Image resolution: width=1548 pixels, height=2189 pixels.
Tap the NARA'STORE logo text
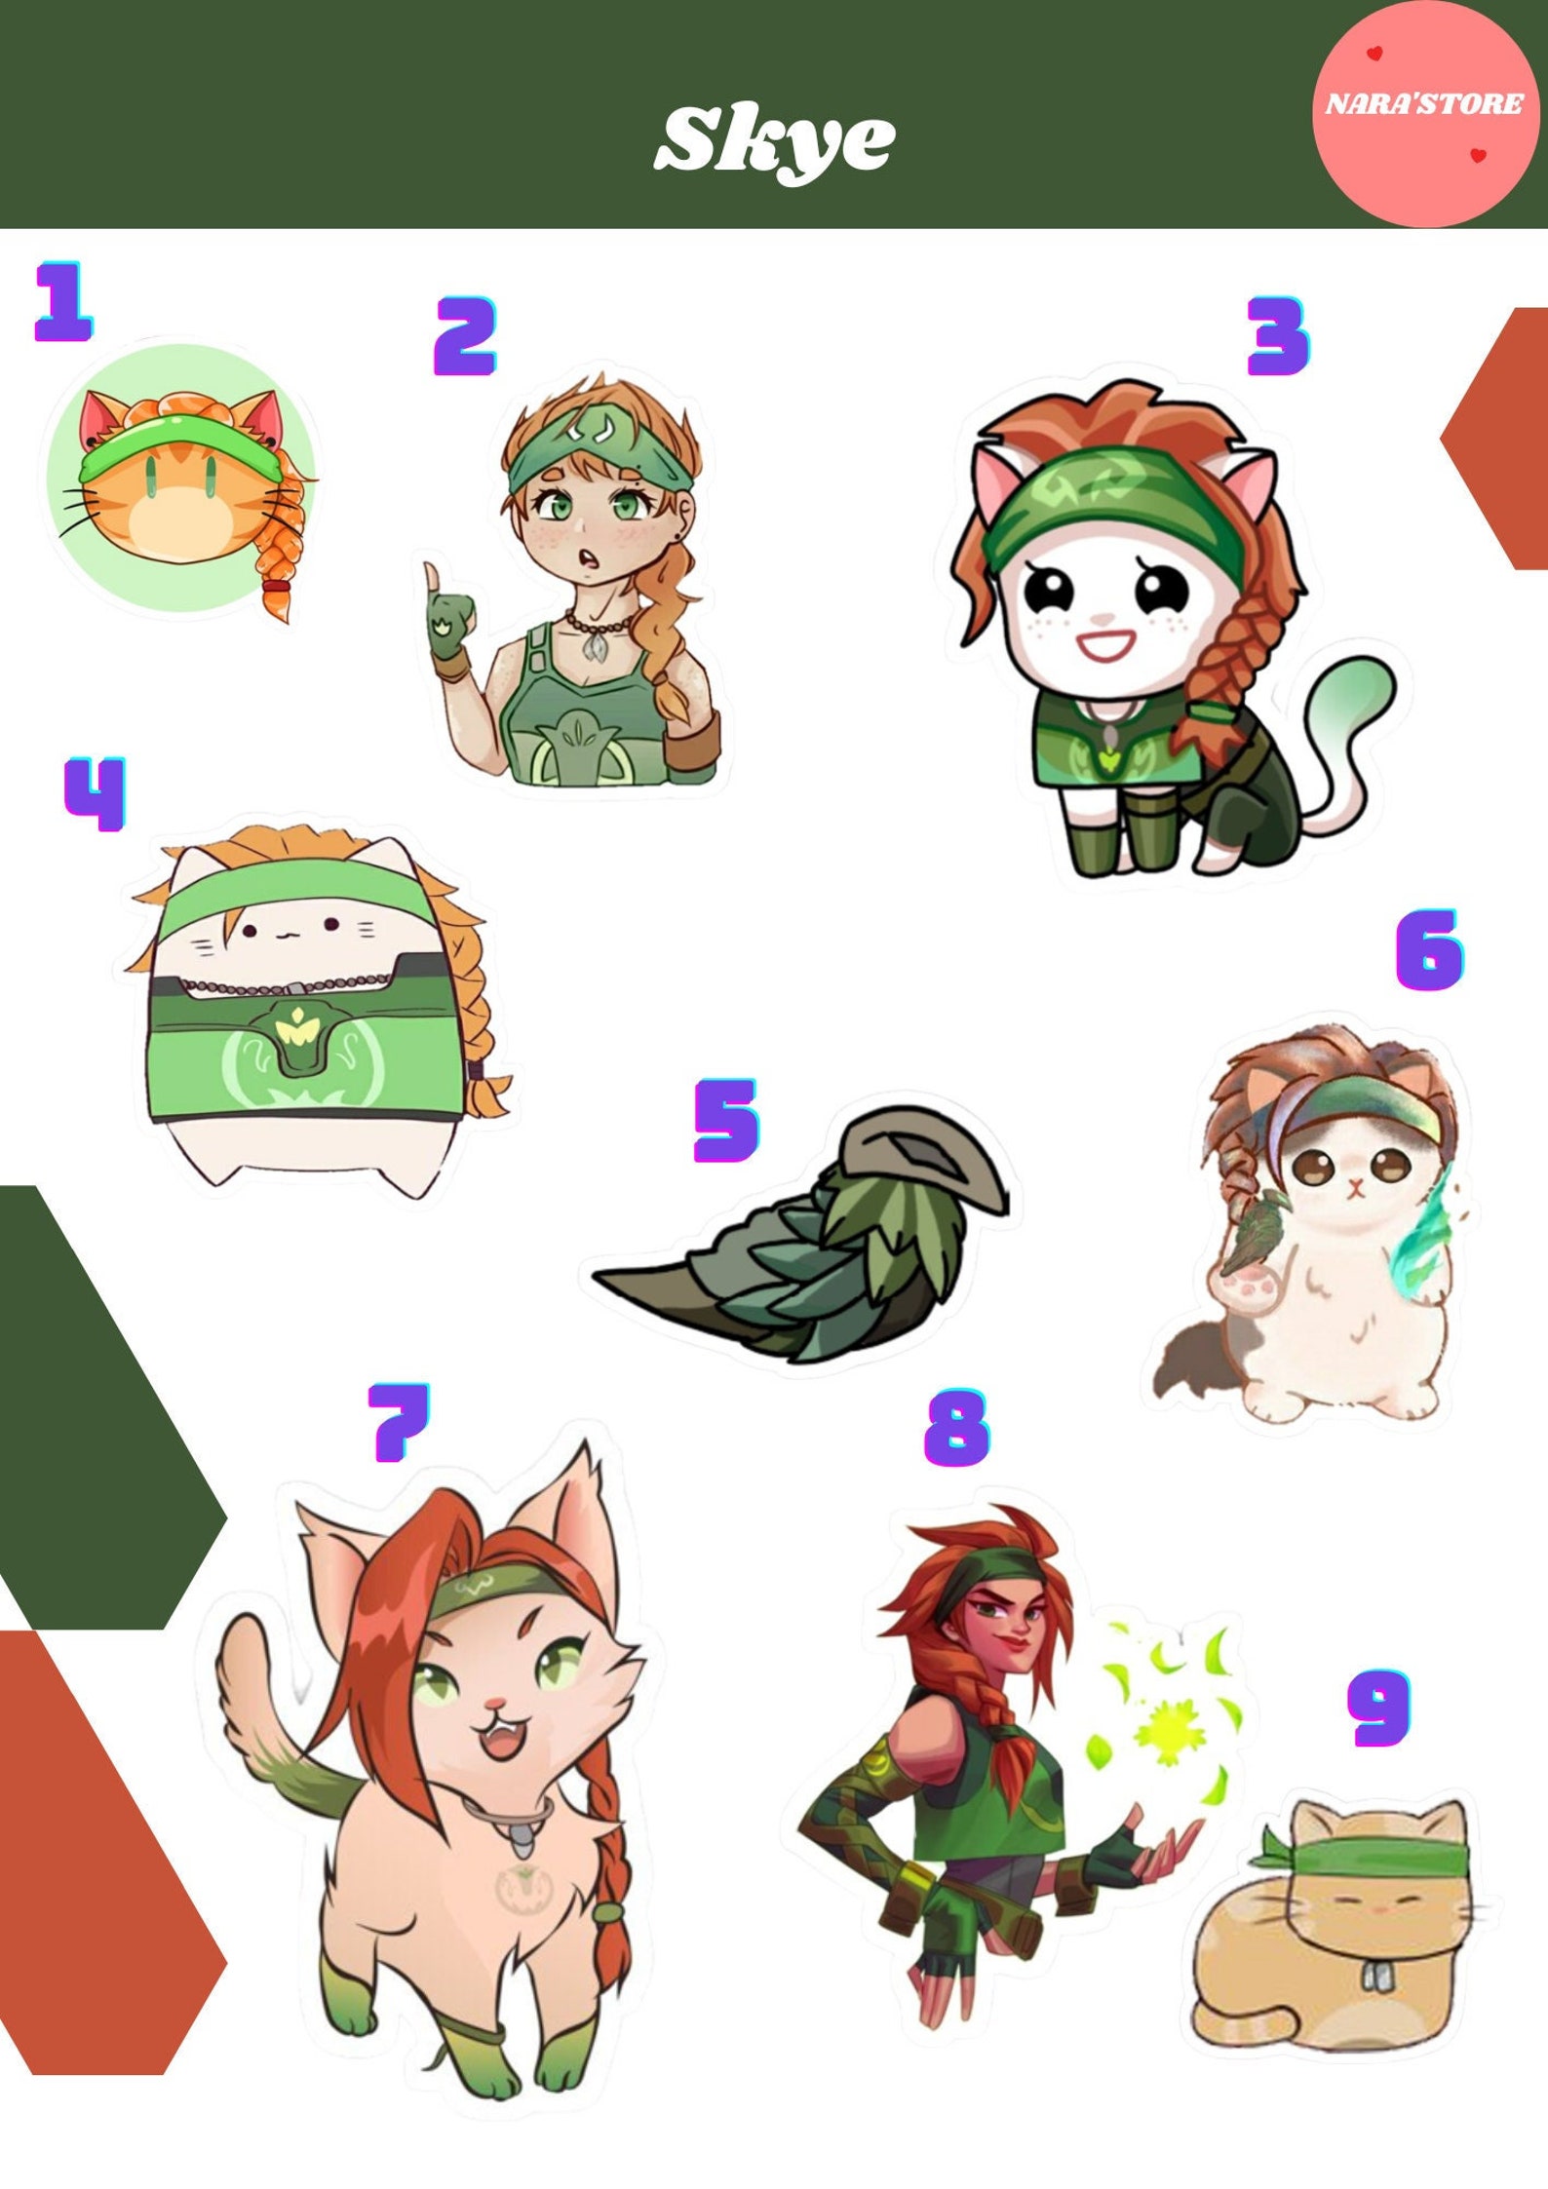(x=1423, y=103)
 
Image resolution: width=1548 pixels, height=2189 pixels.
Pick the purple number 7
(x=400, y=1422)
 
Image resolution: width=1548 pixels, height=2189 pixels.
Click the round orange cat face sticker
(x=180, y=478)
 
